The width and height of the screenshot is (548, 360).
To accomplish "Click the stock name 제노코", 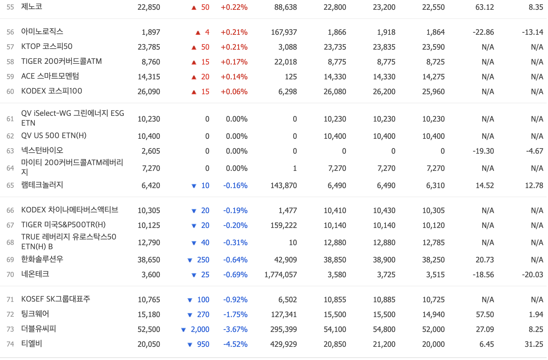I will [x=31, y=7].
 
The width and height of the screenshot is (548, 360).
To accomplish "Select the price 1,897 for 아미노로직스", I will [x=151, y=32].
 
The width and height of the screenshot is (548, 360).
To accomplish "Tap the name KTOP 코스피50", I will [x=47, y=47].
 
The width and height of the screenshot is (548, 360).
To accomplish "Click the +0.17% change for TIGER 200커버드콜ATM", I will [x=234, y=62].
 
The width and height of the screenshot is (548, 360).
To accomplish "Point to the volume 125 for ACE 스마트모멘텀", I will [x=291, y=77].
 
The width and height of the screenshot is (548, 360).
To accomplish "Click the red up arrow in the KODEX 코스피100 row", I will [x=194, y=92].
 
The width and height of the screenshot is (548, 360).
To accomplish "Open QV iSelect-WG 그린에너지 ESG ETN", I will [x=72, y=118].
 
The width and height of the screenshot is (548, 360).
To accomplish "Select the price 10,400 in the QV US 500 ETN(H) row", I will [x=149, y=136].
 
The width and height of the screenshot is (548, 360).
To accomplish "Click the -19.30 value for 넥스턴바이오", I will [x=483, y=151].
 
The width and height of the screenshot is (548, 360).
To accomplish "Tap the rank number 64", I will [x=10, y=168].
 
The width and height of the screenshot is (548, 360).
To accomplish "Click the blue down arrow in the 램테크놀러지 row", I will [x=194, y=186].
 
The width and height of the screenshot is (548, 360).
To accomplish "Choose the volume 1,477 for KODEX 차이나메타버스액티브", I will [x=288, y=211].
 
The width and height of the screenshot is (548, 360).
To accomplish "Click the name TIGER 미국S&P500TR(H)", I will [x=63, y=225].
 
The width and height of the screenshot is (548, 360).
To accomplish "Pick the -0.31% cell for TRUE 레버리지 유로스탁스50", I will [x=235, y=243].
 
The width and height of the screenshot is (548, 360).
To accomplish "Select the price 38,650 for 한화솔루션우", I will [x=149, y=260].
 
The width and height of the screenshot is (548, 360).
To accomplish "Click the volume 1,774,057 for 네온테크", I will [x=280, y=275].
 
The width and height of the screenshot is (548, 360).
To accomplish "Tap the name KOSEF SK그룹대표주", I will [x=55, y=299].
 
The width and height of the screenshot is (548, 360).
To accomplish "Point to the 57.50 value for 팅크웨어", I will [x=485, y=315].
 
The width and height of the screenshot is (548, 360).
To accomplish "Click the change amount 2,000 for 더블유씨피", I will [x=200, y=330].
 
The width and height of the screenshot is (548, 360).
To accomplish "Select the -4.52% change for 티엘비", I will [x=235, y=344].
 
